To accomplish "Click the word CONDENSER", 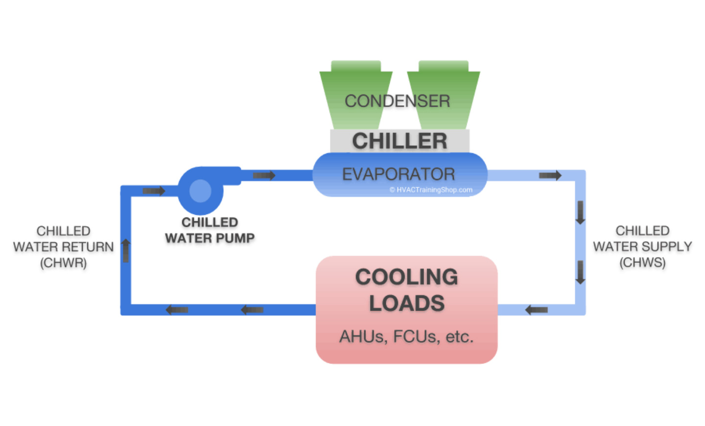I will [397, 101].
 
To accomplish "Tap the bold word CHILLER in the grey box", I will [399, 141].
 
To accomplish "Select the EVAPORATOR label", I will [399, 174].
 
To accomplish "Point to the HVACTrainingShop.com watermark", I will [431, 190].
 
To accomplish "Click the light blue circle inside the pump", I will [200, 191].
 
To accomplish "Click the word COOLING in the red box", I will [406, 277].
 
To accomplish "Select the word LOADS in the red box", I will [406, 304].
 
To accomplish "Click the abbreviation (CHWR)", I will [64, 263].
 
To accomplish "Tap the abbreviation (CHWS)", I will [642, 263].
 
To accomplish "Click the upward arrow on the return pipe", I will [126, 250].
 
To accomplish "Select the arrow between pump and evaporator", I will [264, 175].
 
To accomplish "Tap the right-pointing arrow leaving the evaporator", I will [550, 175].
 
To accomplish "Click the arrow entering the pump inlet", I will [154, 190].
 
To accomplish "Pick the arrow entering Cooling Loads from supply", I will [536, 309].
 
